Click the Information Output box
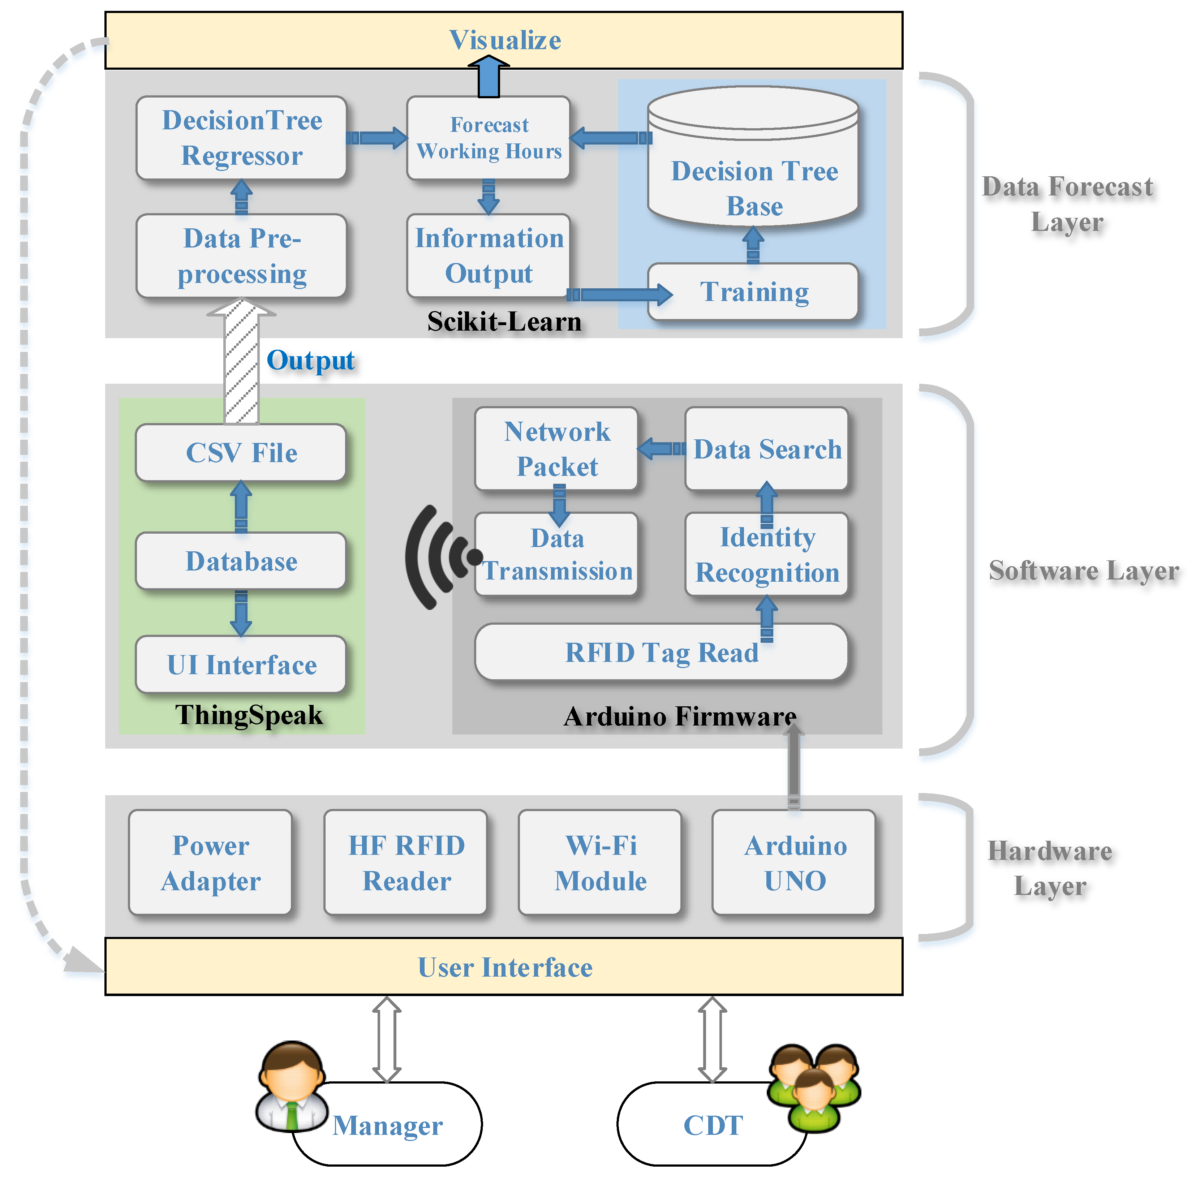[x=489, y=256]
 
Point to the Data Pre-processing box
[x=241, y=256]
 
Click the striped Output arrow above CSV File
[x=241, y=361]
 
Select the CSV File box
[x=241, y=453]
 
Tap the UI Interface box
[x=241, y=664]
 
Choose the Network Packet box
[x=556, y=449]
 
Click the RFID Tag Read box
[x=661, y=652]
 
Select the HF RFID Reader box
[x=406, y=862]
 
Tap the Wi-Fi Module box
[x=601, y=862]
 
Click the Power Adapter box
[x=211, y=862]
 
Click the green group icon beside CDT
[x=814, y=1088]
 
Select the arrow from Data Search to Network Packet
[x=662, y=449]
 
